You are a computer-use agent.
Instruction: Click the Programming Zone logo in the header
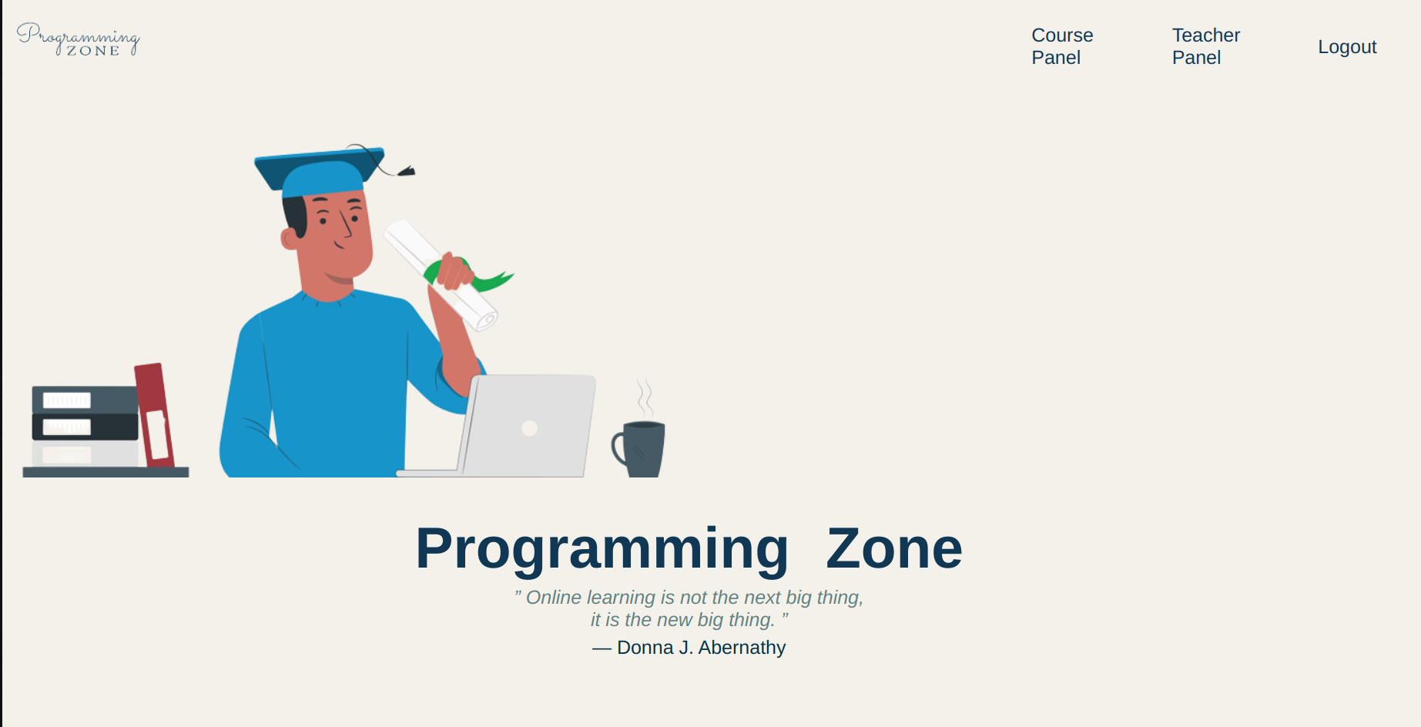click(79, 39)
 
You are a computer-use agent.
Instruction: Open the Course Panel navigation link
click(1061, 46)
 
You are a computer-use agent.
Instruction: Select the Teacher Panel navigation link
click(1205, 46)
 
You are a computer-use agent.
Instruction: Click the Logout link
click(1346, 47)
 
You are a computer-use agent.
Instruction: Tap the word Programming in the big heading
click(602, 549)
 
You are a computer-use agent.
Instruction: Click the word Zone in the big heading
click(893, 549)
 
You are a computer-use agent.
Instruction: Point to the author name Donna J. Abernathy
click(701, 648)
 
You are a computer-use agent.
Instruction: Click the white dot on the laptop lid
click(529, 428)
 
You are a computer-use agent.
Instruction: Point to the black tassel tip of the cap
click(407, 171)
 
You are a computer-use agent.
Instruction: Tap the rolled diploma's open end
click(486, 320)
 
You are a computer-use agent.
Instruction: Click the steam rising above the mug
click(645, 397)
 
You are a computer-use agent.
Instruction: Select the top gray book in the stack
click(85, 400)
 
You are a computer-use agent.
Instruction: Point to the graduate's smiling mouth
click(340, 246)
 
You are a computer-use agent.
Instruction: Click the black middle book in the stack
click(85, 427)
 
